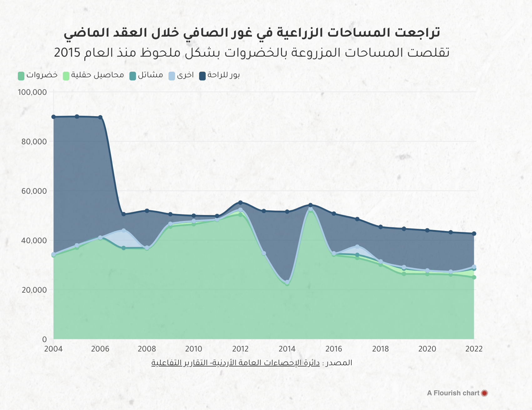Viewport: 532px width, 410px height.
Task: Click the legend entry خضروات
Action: coord(38,75)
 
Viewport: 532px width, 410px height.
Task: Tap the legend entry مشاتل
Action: coord(146,75)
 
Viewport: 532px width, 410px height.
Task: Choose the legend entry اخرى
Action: coord(181,75)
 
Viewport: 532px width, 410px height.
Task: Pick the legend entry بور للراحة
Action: coord(219,75)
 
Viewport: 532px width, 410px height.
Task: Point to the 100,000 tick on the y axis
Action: coord(32,92)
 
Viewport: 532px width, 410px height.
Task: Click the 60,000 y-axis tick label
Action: coord(34,191)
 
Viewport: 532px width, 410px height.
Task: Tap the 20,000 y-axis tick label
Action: coord(34,290)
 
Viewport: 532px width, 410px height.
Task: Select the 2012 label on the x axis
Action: coord(240,349)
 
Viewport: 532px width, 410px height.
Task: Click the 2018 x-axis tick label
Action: coord(380,349)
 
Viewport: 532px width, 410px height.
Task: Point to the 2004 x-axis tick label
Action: coord(53,349)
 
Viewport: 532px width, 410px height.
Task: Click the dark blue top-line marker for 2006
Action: coord(100,117)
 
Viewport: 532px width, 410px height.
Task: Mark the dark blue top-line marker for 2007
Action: coord(123,214)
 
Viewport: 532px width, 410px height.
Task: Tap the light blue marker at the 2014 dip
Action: coord(287,282)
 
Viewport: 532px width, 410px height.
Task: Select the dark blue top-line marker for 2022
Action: coord(474,233)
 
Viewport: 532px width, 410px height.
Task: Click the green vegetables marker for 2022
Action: coord(474,277)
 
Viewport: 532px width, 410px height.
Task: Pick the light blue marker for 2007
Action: coord(123,231)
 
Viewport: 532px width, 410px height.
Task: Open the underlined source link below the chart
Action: coord(235,363)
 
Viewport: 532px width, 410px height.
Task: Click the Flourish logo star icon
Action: coord(484,393)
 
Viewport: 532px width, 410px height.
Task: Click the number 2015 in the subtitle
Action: coord(67,53)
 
